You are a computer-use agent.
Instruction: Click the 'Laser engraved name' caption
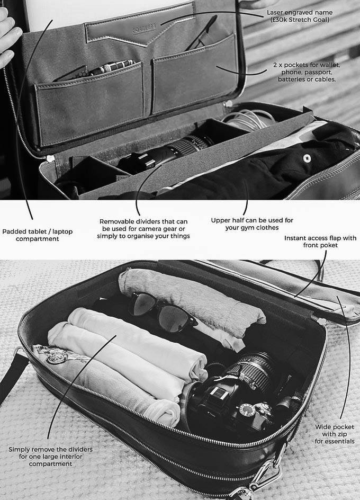pos(300,16)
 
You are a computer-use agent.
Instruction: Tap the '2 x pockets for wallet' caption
pos(307,72)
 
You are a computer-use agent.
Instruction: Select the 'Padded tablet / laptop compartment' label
pos(37,235)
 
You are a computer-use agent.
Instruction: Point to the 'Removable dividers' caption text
pos(143,229)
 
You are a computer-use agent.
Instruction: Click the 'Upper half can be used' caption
pos(252,224)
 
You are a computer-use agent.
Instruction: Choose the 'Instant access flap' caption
pos(320,242)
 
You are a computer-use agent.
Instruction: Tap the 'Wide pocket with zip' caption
pos(335,434)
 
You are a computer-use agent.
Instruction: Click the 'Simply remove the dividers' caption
pos(50,457)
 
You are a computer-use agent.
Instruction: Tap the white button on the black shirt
pos(307,158)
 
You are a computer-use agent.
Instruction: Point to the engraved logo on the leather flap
pos(144,29)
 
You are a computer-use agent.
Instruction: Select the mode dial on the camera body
pos(247,410)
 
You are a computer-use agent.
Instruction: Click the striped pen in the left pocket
pos(112,67)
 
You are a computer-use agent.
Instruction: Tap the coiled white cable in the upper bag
pos(247,119)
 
